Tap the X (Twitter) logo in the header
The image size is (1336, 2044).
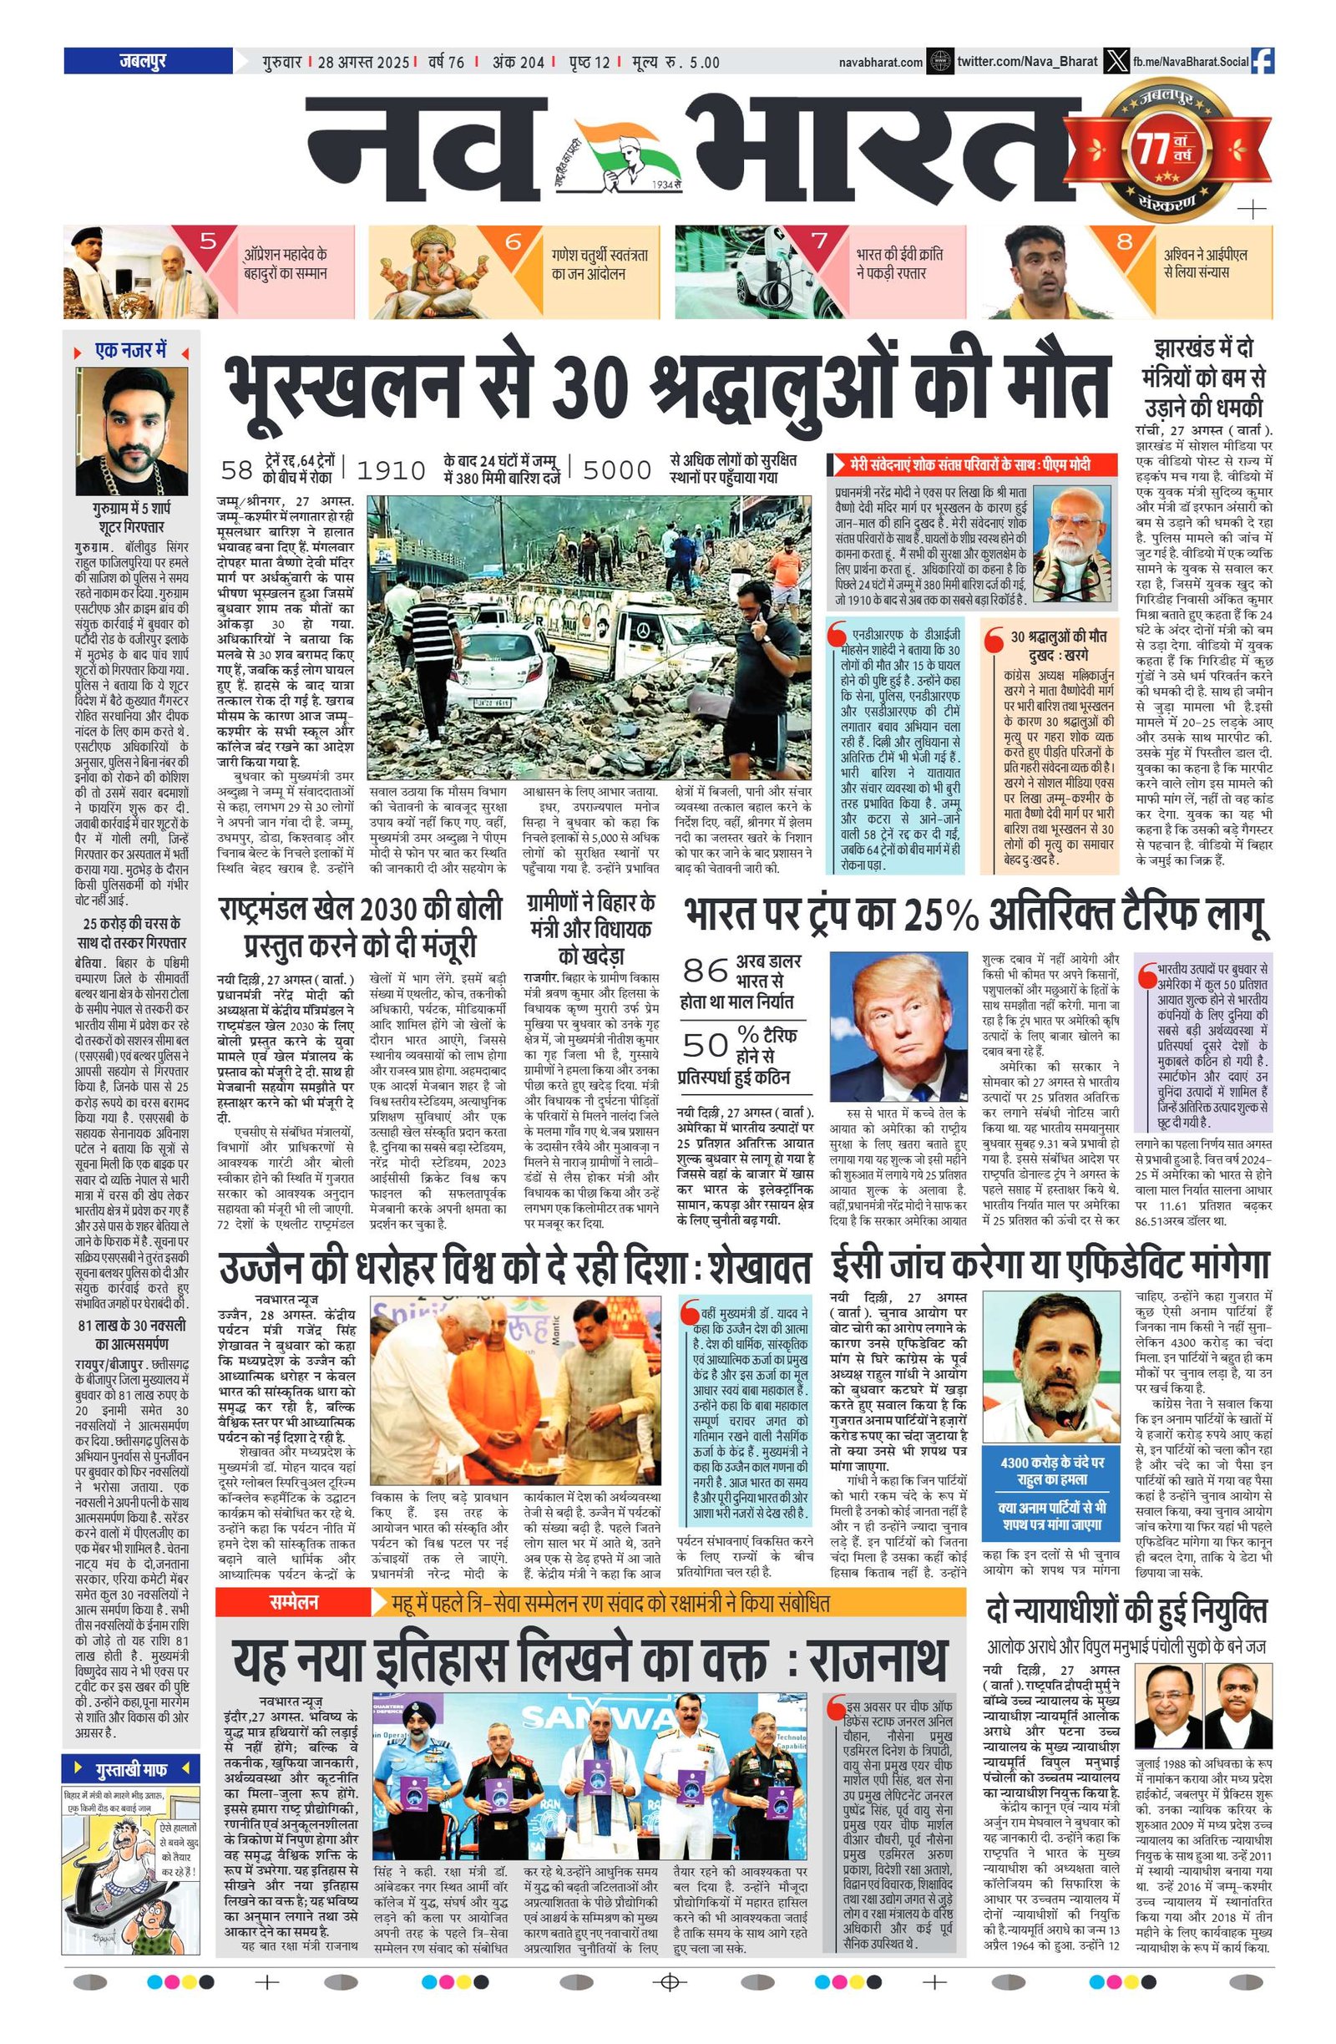1116,61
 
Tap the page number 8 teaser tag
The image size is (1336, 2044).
1123,241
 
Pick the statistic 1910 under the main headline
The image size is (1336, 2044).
392,469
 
